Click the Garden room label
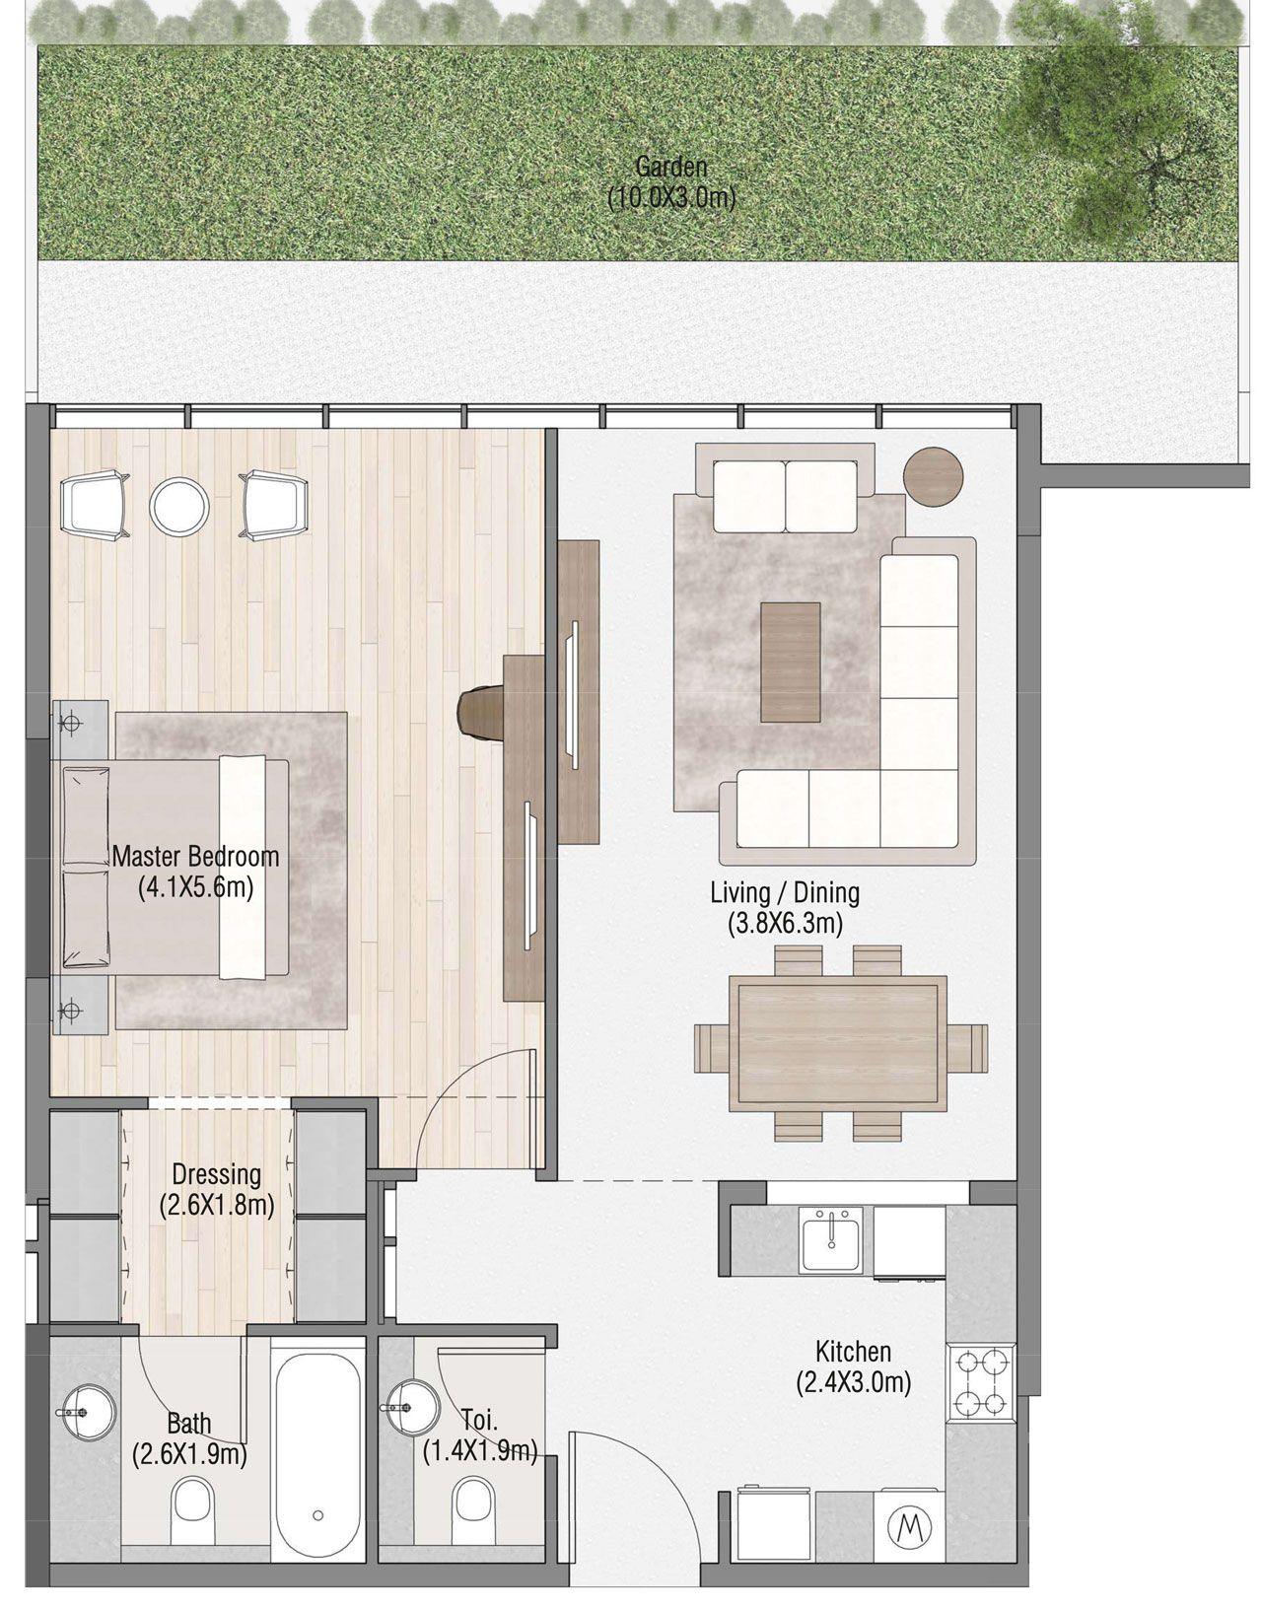pos(671,166)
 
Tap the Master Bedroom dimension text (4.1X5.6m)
pos(196,888)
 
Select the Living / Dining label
pos(785,893)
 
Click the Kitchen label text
pos(853,1351)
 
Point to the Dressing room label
pos(216,1174)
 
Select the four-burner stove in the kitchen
pos(978,1383)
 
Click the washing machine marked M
pos(905,1528)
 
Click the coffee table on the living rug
pos(790,662)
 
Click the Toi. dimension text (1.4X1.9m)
pos(480,1450)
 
